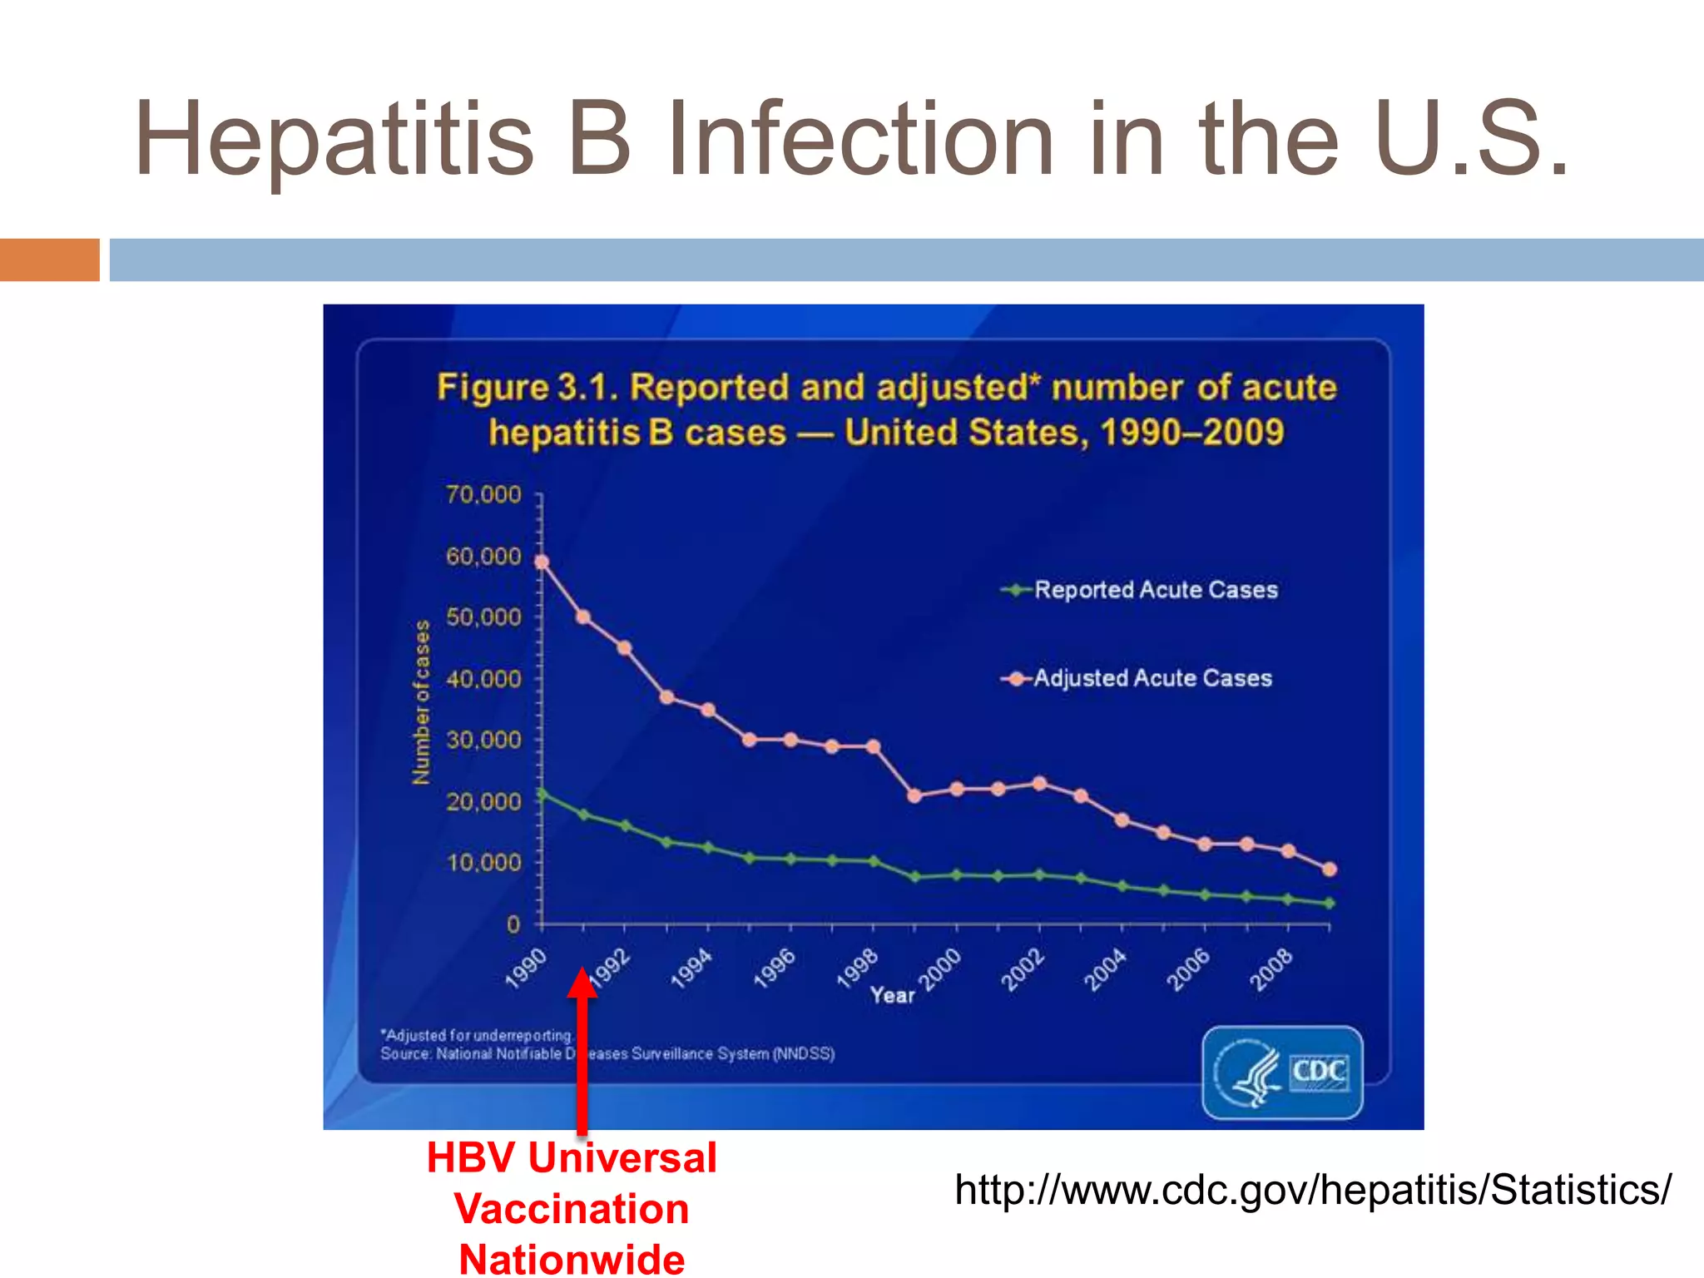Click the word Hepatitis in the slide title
point(333,140)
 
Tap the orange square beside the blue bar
point(49,260)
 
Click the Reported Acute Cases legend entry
point(1155,590)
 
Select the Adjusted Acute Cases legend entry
point(1152,678)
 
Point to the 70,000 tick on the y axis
point(483,495)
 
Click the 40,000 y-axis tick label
point(483,679)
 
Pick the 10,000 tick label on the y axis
point(483,863)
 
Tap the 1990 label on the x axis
point(526,968)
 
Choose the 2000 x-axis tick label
point(940,968)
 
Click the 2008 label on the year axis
point(1271,968)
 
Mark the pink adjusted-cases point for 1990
point(542,562)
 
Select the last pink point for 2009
point(1330,869)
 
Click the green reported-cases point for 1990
point(542,795)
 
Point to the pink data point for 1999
point(915,796)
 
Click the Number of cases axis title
point(422,701)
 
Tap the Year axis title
point(892,995)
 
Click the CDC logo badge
point(1282,1072)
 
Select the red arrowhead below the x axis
point(582,982)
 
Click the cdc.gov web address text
point(1312,1190)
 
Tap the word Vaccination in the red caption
point(572,1209)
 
